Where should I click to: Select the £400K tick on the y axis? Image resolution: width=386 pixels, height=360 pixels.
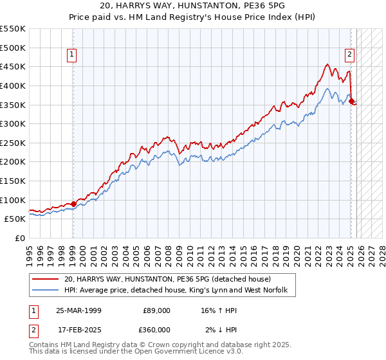12,85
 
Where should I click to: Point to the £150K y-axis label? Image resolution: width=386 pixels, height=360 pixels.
12,181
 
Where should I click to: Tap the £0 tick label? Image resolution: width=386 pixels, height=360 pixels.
19,239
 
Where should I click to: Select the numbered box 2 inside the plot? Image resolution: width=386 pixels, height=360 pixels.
349,55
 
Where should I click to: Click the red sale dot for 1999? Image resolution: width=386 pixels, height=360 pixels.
73,204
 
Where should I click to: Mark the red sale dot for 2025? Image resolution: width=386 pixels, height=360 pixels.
351,100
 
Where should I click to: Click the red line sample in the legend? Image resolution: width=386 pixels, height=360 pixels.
46,279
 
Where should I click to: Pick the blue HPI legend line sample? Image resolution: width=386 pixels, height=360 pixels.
46,291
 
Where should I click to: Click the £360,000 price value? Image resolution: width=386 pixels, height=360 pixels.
157,330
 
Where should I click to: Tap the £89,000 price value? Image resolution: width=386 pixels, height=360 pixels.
157,310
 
